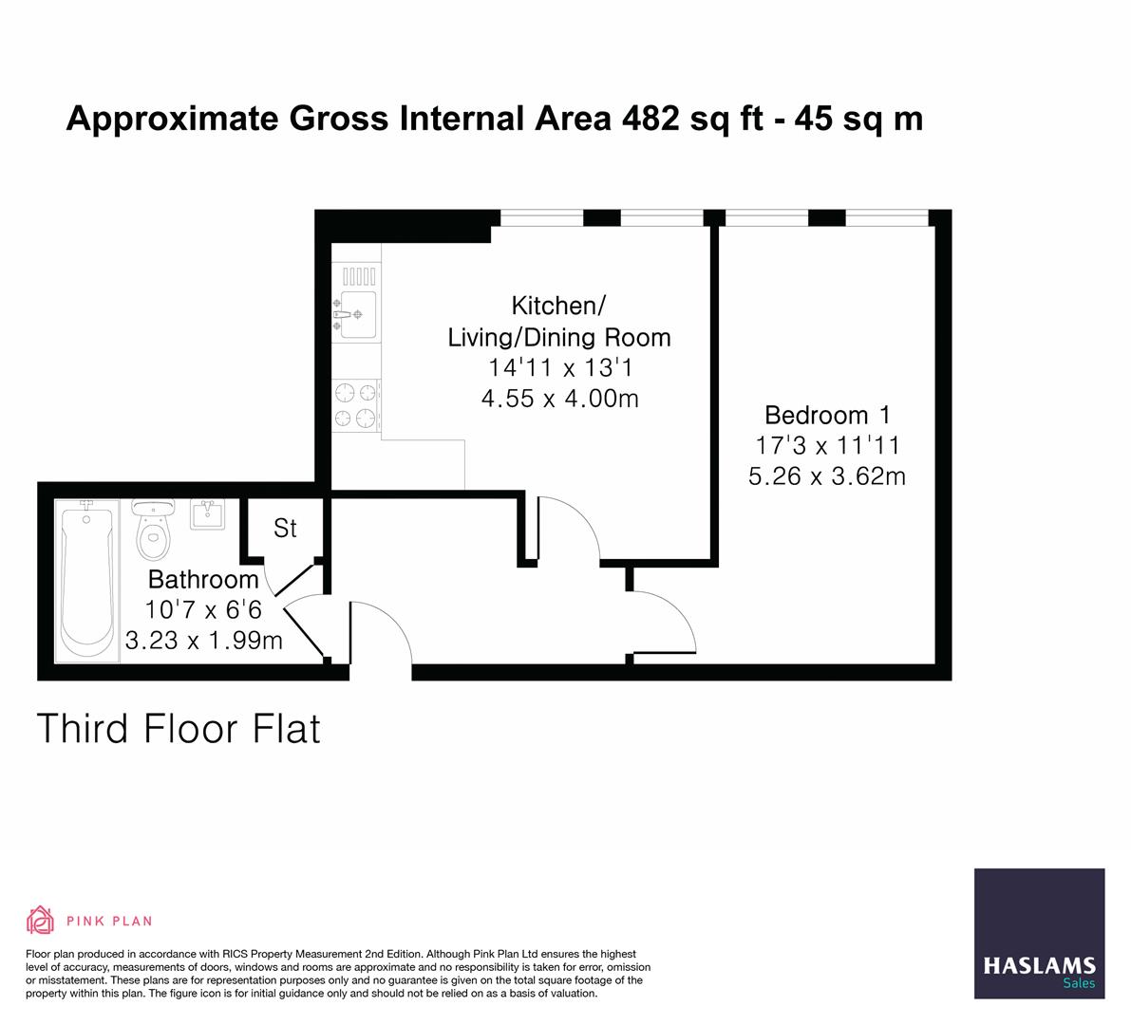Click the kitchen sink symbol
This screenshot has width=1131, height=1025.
[x=356, y=313]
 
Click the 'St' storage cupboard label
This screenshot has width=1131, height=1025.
[x=285, y=529]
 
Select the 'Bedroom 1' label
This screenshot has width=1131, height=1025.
[x=828, y=415]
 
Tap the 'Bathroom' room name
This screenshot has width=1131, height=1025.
[x=203, y=579]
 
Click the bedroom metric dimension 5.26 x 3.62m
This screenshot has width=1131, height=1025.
[x=827, y=475]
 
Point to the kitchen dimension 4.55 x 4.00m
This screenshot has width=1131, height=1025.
[x=559, y=399]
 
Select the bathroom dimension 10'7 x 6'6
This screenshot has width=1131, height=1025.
[x=203, y=609]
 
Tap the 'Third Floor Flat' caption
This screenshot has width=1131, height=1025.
[x=179, y=729]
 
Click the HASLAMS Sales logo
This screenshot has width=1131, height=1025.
[x=1039, y=933]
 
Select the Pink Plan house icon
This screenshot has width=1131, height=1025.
[x=41, y=920]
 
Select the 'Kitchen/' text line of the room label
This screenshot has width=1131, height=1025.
[x=558, y=306]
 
